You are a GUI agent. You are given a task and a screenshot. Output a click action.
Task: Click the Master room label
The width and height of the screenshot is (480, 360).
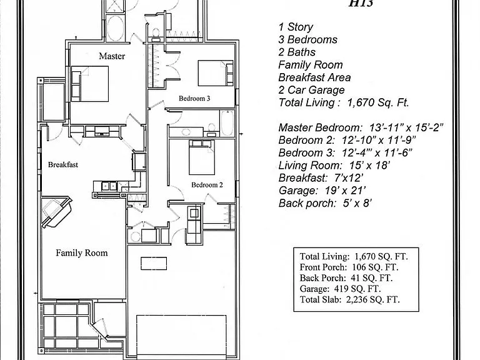coord(112,56)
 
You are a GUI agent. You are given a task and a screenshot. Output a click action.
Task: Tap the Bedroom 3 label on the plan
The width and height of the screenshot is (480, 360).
coord(194,98)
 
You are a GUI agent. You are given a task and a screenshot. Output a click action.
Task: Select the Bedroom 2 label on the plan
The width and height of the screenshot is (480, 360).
coord(207,185)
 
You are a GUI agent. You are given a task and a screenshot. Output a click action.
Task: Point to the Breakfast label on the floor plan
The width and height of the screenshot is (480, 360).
coord(63,165)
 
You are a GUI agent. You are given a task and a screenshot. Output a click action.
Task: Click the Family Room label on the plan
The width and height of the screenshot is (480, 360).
coord(82,253)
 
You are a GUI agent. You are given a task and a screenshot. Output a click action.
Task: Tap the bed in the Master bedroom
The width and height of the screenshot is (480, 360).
coord(90,84)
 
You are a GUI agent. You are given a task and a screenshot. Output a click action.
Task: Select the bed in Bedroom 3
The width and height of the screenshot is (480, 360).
coord(216,73)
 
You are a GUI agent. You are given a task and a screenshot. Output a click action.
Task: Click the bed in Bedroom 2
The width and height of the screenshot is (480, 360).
coord(202,157)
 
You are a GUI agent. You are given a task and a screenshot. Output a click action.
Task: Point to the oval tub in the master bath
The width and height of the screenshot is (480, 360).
coord(116,28)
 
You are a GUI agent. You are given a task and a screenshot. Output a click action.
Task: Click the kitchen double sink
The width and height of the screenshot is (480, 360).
coord(109,186)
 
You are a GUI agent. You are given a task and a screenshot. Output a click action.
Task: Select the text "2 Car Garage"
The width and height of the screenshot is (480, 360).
coord(311,90)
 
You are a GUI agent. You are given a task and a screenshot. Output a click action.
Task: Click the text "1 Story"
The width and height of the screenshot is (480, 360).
coord(296,27)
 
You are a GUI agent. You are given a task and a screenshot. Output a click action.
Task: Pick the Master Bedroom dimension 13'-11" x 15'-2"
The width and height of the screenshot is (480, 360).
coord(406,127)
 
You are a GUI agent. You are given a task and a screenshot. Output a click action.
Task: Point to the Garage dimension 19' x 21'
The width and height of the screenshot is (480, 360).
coord(345,191)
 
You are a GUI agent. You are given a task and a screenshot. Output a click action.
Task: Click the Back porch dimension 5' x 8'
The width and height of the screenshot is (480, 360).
coord(357,203)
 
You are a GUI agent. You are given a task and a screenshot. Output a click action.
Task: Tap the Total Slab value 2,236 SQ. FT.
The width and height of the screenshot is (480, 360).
coord(373,299)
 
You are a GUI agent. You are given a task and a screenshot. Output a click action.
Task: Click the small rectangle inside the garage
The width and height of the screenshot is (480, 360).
coord(154,264)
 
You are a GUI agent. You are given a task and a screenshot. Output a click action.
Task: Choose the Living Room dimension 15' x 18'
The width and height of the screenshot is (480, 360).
coord(369,165)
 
